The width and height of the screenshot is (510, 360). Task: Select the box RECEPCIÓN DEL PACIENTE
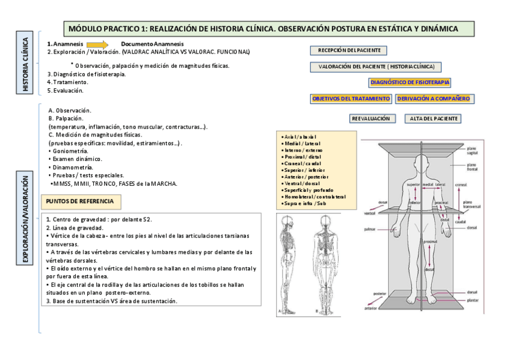pos(348,50)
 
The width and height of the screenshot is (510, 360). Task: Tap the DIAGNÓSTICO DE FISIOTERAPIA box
pos(410,82)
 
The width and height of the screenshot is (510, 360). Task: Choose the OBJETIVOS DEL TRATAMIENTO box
pos(351,98)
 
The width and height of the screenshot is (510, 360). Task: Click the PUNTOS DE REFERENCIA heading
pos(82,201)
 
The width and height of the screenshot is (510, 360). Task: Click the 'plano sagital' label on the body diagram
pos(472,150)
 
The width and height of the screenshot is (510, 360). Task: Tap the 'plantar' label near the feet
pos(472,299)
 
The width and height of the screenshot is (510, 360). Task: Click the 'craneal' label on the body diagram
pos(461,185)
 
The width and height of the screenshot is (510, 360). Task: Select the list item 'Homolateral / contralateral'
pos(313,197)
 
